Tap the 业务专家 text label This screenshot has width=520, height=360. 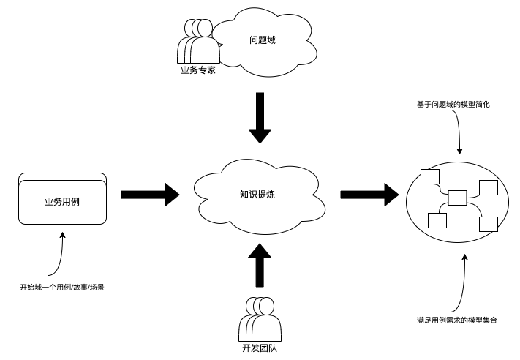tap(197, 71)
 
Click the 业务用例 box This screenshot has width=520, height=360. tap(62, 200)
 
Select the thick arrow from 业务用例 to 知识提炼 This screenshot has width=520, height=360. tap(150, 195)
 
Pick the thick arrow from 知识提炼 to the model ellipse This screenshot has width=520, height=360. tap(369, 195)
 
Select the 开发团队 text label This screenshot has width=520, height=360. tap(260, 348)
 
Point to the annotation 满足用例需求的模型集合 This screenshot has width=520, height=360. tap(457, 320)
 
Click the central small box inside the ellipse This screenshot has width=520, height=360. tap(457, 197)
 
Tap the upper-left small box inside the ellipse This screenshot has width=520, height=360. tap(429, 176)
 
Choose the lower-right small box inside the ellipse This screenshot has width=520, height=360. tap(488, 224)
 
